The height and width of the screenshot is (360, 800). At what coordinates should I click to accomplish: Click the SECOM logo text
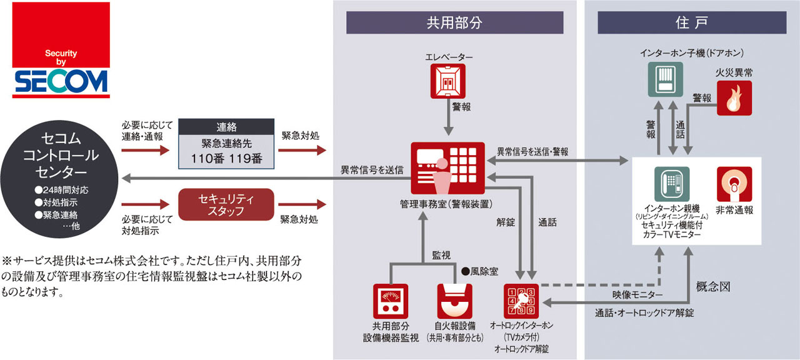pos(61,81)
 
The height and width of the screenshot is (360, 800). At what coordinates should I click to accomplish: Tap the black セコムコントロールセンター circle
pos(61,179)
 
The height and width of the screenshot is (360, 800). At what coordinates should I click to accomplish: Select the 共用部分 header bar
pos(454,23)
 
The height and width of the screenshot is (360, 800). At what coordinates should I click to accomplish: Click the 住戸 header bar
pos(691,23)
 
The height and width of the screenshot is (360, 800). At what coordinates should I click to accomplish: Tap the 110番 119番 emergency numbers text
pos(226,158)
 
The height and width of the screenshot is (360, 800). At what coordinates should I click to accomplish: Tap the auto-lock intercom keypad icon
pos(521,301)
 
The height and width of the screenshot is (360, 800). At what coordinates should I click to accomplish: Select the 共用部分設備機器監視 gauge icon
pos(391,301)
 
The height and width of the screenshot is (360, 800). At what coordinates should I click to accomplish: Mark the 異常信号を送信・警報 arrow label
pos(532,151)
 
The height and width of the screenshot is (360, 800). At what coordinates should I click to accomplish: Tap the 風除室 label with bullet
pos(479,272)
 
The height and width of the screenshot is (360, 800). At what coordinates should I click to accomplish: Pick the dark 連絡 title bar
pos(226,126)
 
